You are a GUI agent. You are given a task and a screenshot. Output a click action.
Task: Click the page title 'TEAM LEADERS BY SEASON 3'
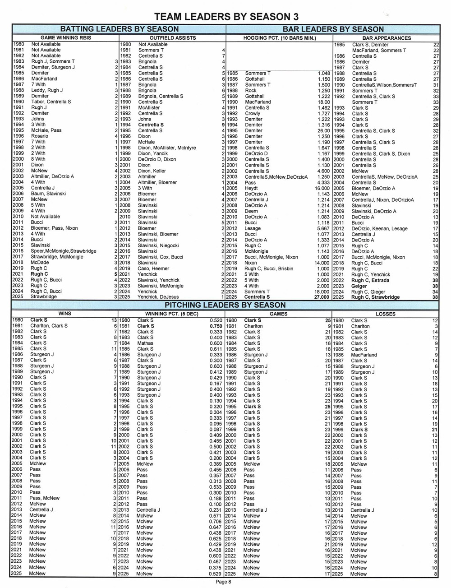(226, 17)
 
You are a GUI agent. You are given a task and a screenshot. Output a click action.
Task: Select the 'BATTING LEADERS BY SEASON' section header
(119, 29)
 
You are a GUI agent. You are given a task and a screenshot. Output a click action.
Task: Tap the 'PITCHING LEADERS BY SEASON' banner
(225, 305)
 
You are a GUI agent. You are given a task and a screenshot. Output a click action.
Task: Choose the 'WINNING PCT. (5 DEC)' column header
(172, 314)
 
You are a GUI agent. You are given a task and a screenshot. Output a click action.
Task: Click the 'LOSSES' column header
(385, 314)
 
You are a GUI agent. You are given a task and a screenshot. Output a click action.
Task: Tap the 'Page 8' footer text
(223, 582)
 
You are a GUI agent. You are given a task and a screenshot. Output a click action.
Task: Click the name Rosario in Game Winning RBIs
(40, 136)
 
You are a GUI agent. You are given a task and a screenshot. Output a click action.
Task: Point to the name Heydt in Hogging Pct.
(251, 188)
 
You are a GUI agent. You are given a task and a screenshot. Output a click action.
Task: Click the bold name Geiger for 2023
(359, 286)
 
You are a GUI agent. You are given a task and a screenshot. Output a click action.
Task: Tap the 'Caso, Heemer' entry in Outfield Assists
(154, 269)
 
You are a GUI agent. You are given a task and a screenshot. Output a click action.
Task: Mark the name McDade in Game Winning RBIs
(40, 263)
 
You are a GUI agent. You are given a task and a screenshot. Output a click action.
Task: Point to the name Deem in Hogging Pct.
(251, 211)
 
